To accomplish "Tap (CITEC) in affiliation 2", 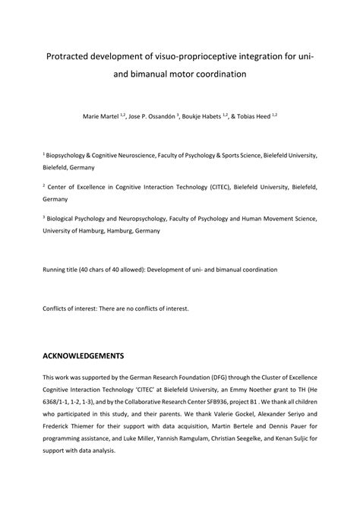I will coord(203,185).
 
